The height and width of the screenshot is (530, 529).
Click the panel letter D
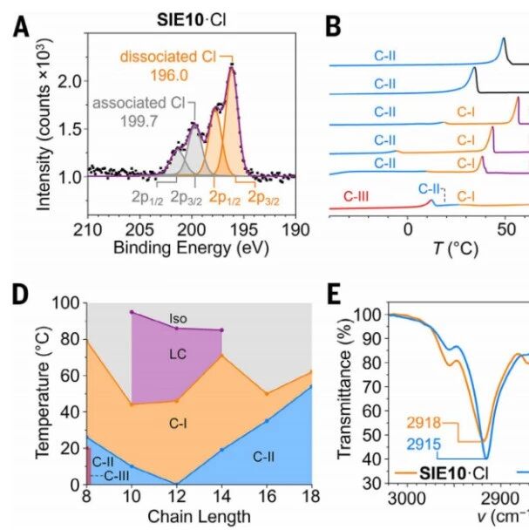[20, 295]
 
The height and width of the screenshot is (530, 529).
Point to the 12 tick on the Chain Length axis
[177, 497]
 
